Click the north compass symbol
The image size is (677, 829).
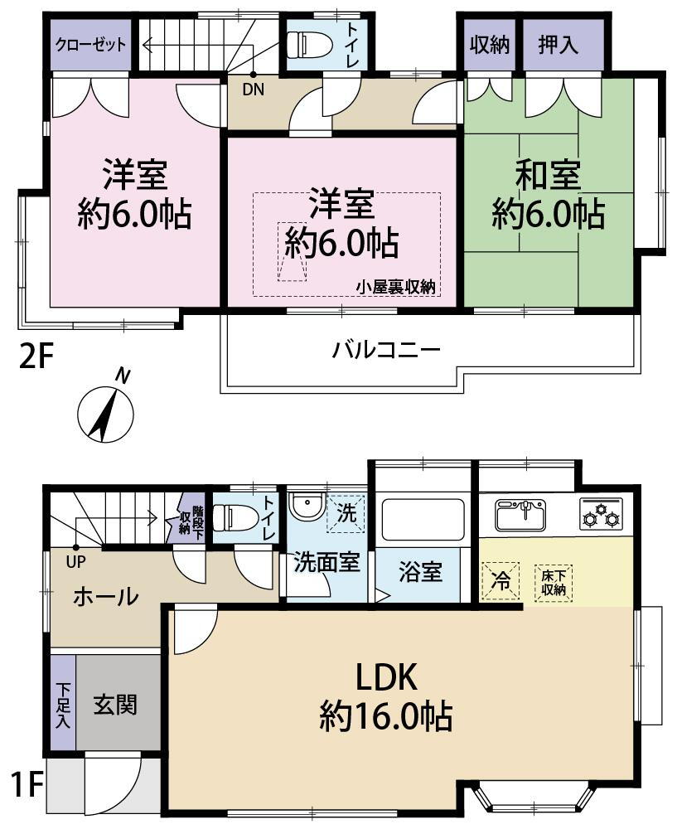(x=105, y=412)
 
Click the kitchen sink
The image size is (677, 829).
(x=521, y=515)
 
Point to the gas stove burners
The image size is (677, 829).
(x=602, y=513)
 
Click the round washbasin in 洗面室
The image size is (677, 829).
(x=307, y=507)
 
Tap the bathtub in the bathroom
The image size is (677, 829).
(x=423, y=520)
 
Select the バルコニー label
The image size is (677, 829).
(x=386, y=350)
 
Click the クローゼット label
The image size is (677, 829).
(x=91, y=45)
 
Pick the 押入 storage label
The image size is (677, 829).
(x=558, y=45)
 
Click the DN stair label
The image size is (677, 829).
(x=253, y=90)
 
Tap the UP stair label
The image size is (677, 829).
(x=75, y=561)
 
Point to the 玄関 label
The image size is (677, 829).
(x=115, y=705)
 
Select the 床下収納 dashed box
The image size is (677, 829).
(x=554, y=583)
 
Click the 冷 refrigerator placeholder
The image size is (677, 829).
(x=500, y=581)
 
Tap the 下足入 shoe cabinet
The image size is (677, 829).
(x=64, y=703)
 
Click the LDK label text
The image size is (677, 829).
(x=386, y=677)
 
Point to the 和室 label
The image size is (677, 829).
(x=548, y=175)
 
